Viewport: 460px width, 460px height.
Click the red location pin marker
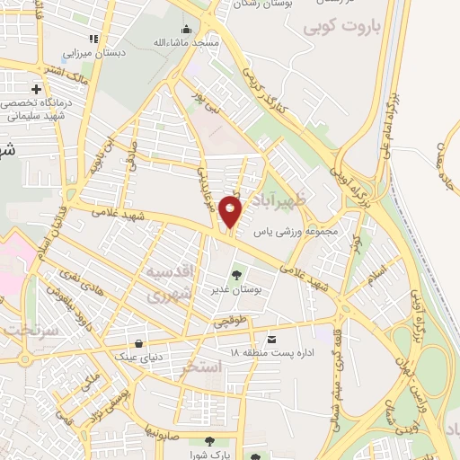coord(230,213)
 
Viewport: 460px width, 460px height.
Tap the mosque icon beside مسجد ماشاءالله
coord(187,30)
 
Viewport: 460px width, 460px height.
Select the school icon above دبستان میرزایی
coord(93,39)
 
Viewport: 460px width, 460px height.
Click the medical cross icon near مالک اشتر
coord(36,89)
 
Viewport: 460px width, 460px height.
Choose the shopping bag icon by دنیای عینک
coord(138,342)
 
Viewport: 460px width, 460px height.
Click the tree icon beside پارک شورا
coord(208,441)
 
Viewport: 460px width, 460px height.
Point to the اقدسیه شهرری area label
coord(168,282)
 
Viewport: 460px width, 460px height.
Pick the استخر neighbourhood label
coord(201,367)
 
